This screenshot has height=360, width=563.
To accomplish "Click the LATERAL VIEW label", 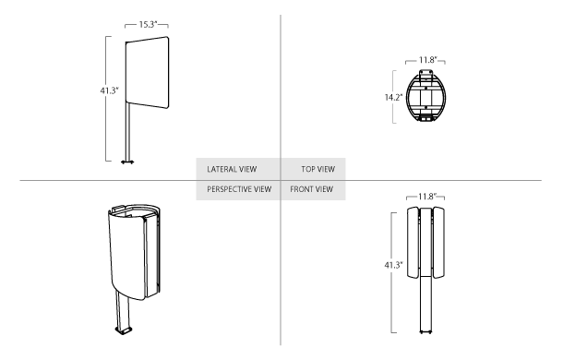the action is click(232, 169).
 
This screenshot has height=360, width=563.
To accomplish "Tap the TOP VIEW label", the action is click(318, 169).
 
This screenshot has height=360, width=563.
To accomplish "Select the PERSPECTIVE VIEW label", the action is click(239, 189).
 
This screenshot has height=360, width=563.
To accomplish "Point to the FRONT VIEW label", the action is click(312, 189).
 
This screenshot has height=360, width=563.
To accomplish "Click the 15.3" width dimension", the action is click(148, 24).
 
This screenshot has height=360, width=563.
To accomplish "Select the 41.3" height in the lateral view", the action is click(109, 90).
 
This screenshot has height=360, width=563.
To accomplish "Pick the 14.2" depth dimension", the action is click(393, 97).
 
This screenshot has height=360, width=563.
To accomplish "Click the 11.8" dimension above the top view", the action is click(427, 60).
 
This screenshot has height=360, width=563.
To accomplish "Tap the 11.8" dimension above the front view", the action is click(427, 197).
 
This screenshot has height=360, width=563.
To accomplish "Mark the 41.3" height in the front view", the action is click(393, 265).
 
